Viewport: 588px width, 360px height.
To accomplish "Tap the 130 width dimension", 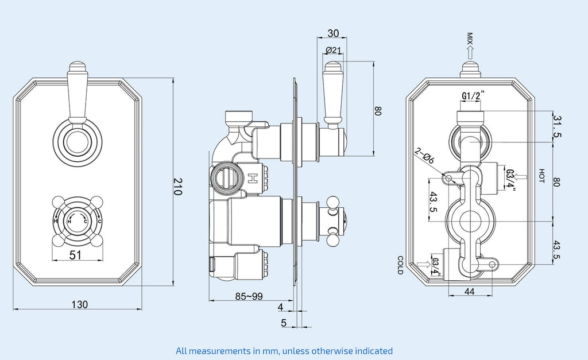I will (80, 304).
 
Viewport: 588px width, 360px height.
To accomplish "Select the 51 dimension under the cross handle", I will (75, 256).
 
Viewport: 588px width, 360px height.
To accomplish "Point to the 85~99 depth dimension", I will (249, 296).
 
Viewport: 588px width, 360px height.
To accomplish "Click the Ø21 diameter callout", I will (333, 51).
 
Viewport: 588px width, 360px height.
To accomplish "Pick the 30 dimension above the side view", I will (332, 33).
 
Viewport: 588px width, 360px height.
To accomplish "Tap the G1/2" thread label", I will (473, 95).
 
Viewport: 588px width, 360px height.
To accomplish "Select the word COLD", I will (400, 265).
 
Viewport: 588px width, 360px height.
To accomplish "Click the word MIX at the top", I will (470, 38).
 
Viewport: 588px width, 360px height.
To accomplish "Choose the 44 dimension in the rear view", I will (469, 292).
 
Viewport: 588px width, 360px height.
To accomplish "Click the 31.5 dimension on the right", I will (557, 127).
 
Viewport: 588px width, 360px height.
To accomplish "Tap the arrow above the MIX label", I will (470, 53).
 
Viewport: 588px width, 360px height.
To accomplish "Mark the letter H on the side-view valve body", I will (252, 178).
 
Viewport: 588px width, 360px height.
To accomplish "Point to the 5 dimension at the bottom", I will (284, 323).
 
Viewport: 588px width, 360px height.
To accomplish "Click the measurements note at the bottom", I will (284, 350).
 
